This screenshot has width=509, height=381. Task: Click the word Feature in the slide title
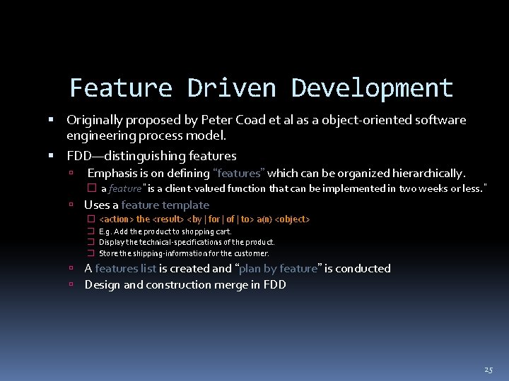pos(121,88)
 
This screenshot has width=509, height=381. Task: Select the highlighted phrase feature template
pos(165,205)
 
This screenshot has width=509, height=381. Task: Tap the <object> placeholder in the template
pos(291,219)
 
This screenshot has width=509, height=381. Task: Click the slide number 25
pos(488,370)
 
